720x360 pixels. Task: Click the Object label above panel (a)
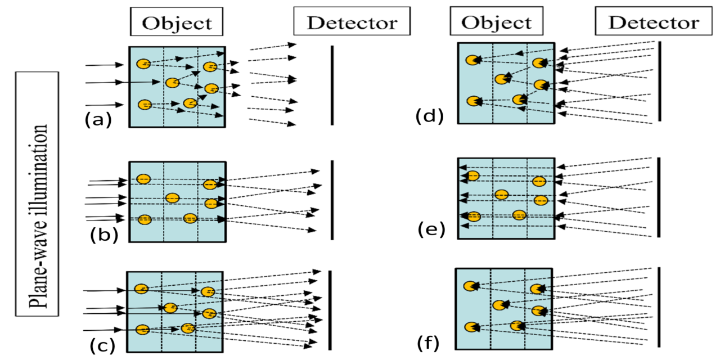pyautogui.click(x=177, y=23)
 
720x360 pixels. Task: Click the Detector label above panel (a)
pyautogui.click(x=352, y=23)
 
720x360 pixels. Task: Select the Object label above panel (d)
pyautogui.click(x=496, y=22)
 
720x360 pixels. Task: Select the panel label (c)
pyautogui.click(x=103, y=344)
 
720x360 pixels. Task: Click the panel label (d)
pyautogui.click(x=429, y=116)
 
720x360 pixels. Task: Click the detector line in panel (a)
pyautogui.click(x=332, y=85)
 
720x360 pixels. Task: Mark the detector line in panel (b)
pyautogui.click(x=332, y=199)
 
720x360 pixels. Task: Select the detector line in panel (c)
pyautogui.click(x=330, y=310)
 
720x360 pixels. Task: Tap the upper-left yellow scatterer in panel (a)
pyautogui.click(x=143, y=64)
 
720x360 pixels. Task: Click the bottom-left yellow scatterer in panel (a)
pyautogui.click(x=145, y=105)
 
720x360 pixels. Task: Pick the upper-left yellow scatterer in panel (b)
pyautogui.click(x=143, y=179)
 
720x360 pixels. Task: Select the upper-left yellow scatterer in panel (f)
pyautogui.click(x=470, y=286)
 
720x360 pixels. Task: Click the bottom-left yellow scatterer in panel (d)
pyautogui.click(x=474, y=101)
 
